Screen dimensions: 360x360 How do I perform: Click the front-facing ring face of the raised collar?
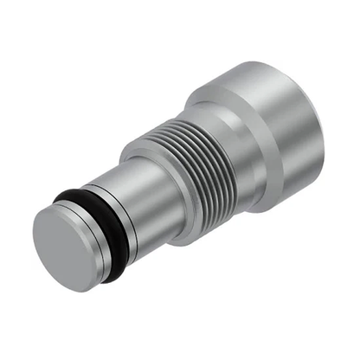[x=138, y=169]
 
